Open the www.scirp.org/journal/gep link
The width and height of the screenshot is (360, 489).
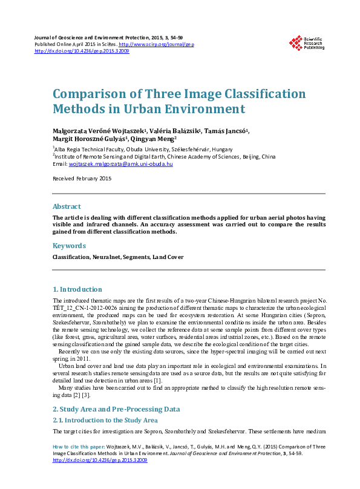coord(156,44)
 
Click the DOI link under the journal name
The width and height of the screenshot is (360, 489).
coord(82,51)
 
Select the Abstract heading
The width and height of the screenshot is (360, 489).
coord(67,206)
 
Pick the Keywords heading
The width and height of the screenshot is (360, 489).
coord(69,246)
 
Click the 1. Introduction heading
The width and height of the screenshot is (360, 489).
coord(77,289)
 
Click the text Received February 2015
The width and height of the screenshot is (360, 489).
coord(82,179)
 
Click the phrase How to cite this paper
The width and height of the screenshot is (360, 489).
coord(75,447)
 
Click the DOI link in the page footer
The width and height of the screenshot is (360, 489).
coord(100,460)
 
